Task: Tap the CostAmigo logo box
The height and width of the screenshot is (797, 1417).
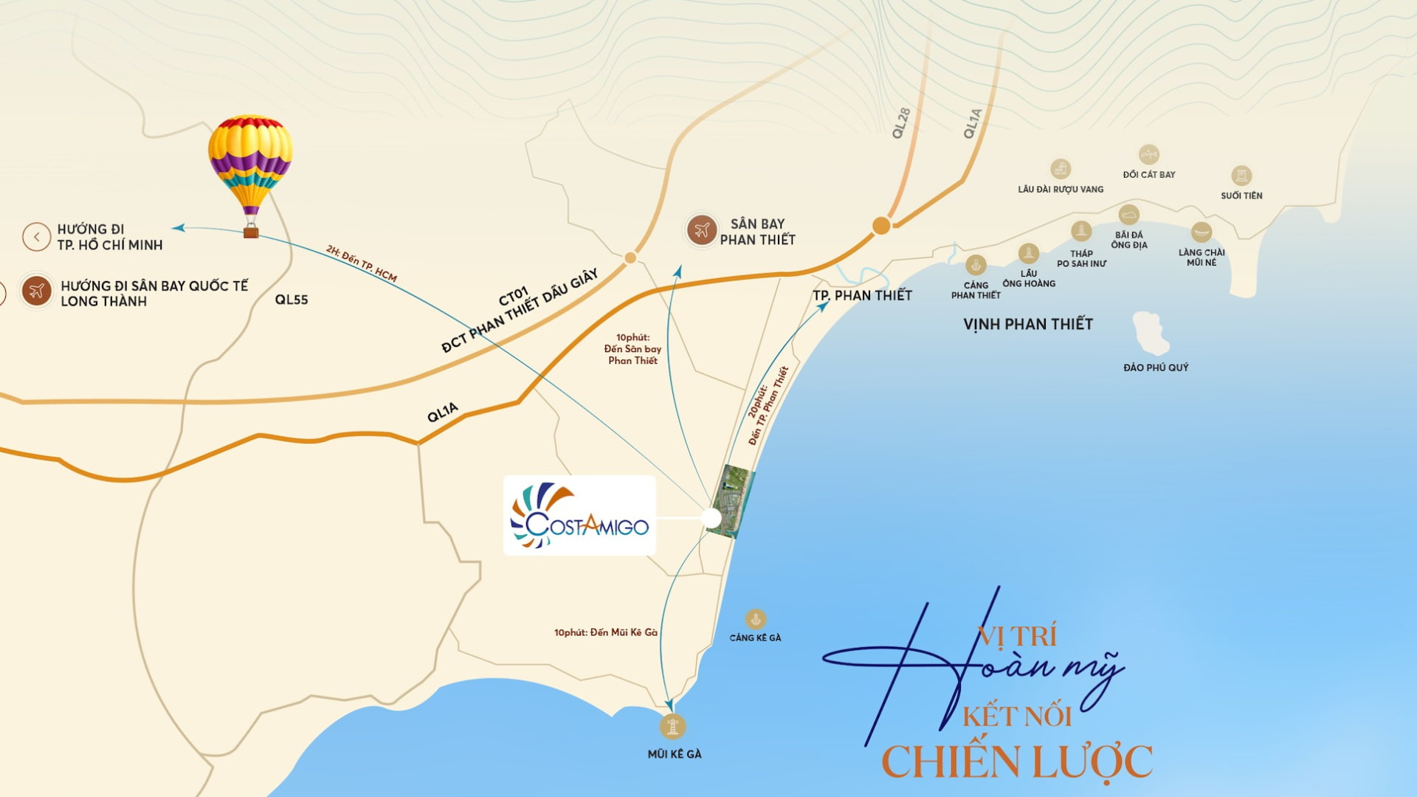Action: pyautogui.click(x=579, y=515)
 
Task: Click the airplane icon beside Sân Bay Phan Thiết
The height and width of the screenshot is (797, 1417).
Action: pyautogui.click(x=701, y=230)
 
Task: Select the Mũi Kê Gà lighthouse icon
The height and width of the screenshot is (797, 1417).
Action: pyautogui.click(x=672, y=726)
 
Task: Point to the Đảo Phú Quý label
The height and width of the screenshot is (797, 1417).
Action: pyautogui.click(x=1156, y=368)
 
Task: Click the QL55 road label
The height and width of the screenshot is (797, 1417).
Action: pyautogui.click(x=292, y=300)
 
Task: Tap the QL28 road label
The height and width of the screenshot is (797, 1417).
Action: pyautogui.click(x=901, y=123)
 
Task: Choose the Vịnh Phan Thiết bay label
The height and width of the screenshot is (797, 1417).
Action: pyautogui.click(x=1027, y=324)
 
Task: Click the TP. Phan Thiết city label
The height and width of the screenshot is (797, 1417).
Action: pyautogui.click(x=862, y=295)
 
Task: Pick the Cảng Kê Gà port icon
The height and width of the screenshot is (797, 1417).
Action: pyautogui.click(x=755, y=619)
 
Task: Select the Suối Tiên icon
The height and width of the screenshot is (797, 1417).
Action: pyautogui.click(x=1241, y=176)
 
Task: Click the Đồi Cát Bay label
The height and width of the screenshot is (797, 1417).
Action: pyautogui.click(x=1149, y=175)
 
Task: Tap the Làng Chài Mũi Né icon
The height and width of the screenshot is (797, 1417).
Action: pyautogui.click(x=1201, y=232)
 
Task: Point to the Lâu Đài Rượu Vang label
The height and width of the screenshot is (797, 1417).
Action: pyautogui.click(x=1061, y=190)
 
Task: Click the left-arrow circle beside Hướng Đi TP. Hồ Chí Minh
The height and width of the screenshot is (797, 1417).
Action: pyautogui.click(x=36, y=237)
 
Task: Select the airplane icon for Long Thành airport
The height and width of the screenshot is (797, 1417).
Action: pyautogui.click(x=36, y=291)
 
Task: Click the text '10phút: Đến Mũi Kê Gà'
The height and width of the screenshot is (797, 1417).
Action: pyautogui.click(x=605, y=632)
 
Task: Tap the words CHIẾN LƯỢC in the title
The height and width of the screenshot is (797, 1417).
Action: pyautogui.click(x=1017, y=762)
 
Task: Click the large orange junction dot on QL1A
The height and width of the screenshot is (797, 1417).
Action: pyautogui.click(x=881, y=226)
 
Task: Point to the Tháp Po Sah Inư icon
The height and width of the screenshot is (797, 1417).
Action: pyautogui.click(x=1081, y=232)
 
